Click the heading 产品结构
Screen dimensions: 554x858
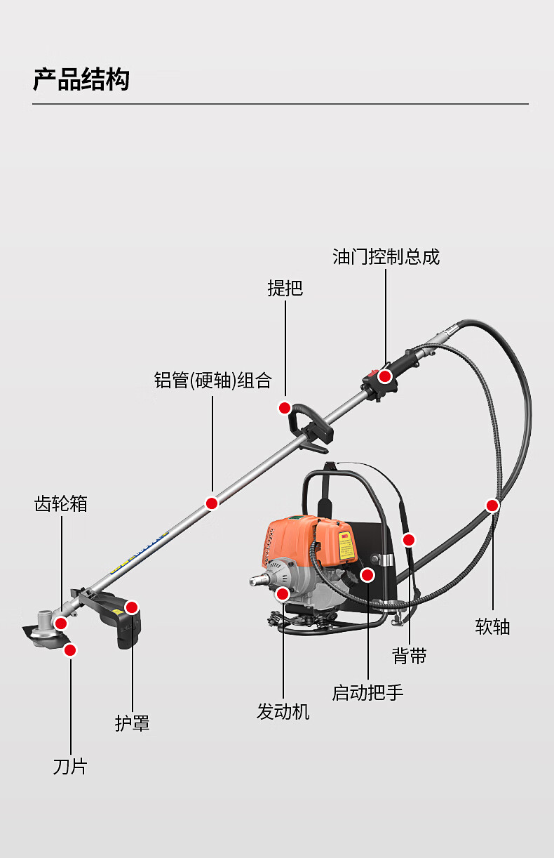pos(81,80)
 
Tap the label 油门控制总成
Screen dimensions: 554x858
pos(386,257)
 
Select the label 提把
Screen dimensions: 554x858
pos(285,288)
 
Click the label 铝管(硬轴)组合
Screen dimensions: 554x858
pos(212,381)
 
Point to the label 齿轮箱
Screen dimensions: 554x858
pos(61,503)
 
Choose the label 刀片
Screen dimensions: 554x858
pos(70,766)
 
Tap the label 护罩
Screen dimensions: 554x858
pos(133,723)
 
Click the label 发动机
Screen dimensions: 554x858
pos(283,712)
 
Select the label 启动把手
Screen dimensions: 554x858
pos(367,692)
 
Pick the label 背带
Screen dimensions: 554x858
pos(410,656)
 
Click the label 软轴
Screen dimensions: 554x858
pos(492,626)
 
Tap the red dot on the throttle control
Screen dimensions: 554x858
pos(385,376)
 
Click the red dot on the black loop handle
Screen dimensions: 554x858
pos(284,408)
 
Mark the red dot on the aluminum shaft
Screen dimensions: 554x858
pos(212,503)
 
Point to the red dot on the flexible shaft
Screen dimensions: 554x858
pos(492,505)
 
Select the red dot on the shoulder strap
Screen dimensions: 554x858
pos(409,539)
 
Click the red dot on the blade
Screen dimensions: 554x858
pos(69,650)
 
